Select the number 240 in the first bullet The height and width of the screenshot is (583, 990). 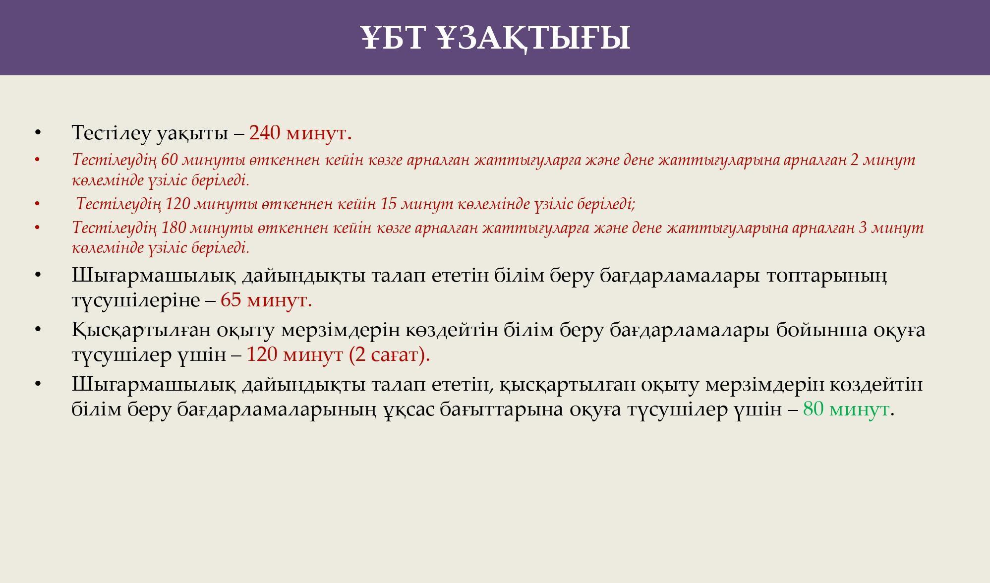[x=264, y=133]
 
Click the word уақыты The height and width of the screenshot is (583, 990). [x=192, y=133]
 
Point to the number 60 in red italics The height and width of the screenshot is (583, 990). [x=170, y=160]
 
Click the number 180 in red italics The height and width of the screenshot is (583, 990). [x=174, y=228]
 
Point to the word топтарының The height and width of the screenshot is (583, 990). [x=827, y=276]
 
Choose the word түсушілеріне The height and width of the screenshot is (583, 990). [x=136, y=300]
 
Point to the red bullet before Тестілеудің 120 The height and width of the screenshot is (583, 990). [x=38, y=203]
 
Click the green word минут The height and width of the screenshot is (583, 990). [x=859, y=409]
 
